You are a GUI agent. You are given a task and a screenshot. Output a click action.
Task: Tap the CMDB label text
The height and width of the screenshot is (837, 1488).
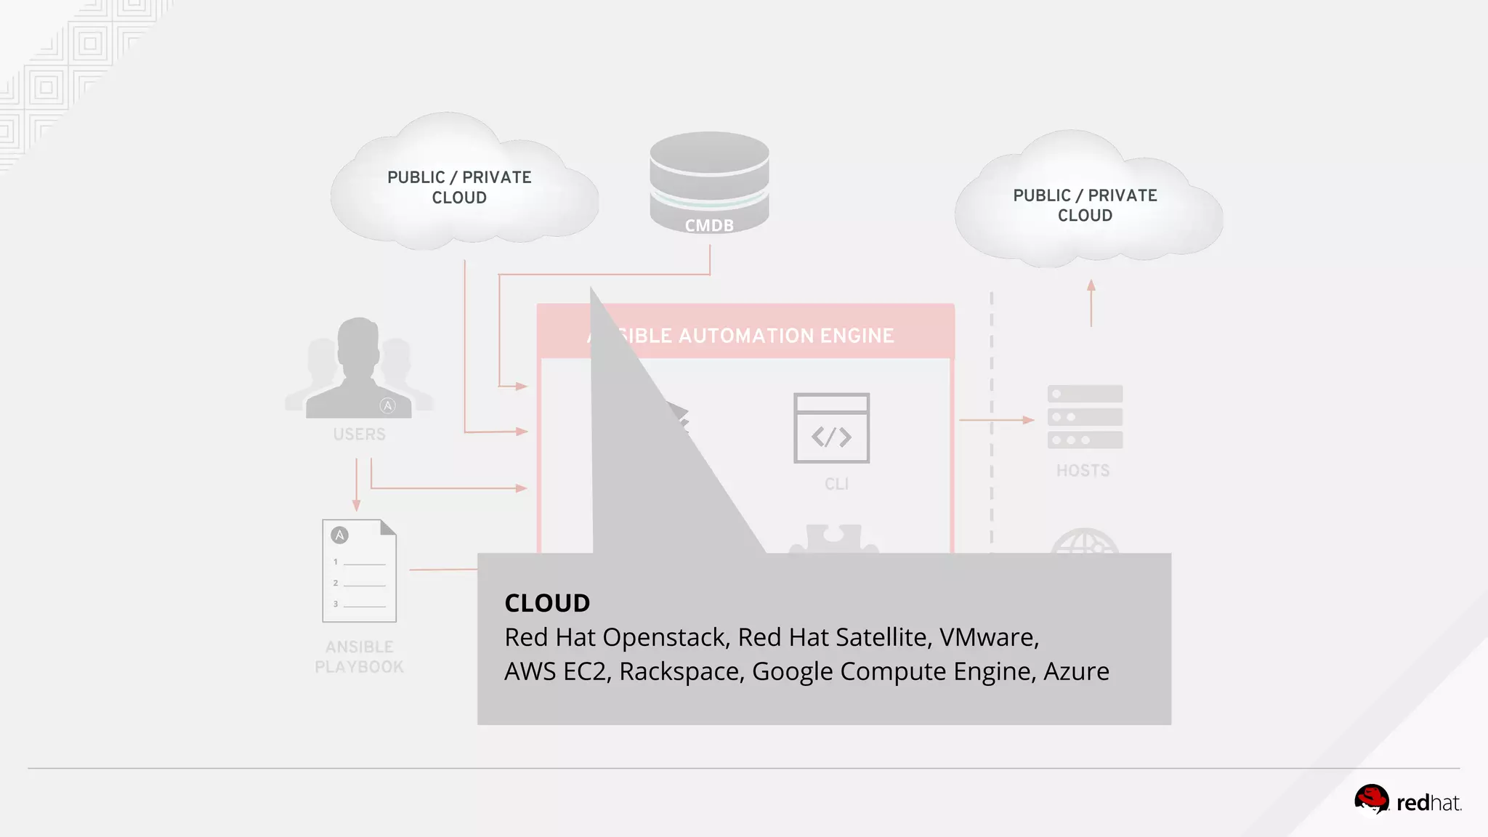[709, 226]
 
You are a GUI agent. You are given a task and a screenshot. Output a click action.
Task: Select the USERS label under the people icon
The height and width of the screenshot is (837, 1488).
[359, 434]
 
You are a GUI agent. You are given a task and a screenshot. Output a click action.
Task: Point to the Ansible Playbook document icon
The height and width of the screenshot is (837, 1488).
[359, 571]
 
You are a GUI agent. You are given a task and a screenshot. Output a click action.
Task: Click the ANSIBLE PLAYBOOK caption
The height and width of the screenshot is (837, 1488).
[359, 657]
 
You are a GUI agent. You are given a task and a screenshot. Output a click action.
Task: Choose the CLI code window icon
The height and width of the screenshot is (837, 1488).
[831, 428]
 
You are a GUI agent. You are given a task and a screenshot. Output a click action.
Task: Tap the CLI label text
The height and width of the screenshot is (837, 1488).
[836, 484]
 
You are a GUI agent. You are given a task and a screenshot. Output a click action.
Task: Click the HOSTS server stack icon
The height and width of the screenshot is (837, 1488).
[1085, 417]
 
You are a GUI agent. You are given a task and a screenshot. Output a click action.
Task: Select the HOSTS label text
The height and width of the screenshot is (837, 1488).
[1083, 471]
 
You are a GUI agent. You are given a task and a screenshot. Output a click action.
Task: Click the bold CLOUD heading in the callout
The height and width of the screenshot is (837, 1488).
[547, 603]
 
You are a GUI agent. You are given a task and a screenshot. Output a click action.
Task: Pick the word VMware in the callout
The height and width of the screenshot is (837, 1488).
[988, 637]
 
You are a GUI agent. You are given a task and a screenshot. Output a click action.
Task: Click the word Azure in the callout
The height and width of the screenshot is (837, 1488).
[1076, 671]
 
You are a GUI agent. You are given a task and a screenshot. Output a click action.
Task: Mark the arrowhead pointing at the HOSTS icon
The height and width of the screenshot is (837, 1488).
[1028, 420]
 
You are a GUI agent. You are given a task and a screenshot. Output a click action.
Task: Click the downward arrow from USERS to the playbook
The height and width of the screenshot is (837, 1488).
[356, 485]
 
